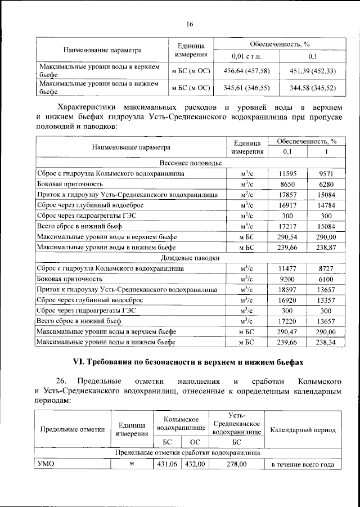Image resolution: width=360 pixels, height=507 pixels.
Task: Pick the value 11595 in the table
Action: [x=287, y=173]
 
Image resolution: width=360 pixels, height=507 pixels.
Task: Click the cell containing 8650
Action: [x=287, y=183]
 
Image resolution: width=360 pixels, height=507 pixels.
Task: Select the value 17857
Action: [x=287, y=194]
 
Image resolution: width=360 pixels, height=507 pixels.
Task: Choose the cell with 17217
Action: [x=287, y=226]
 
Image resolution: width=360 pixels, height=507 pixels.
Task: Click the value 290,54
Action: [x=287, y=236]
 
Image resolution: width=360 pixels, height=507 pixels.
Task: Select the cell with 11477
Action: [x=287, y=268]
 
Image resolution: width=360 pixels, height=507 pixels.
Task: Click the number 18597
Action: [x=287, y=289]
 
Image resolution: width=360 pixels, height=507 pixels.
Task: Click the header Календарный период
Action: [x=303, y=430]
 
